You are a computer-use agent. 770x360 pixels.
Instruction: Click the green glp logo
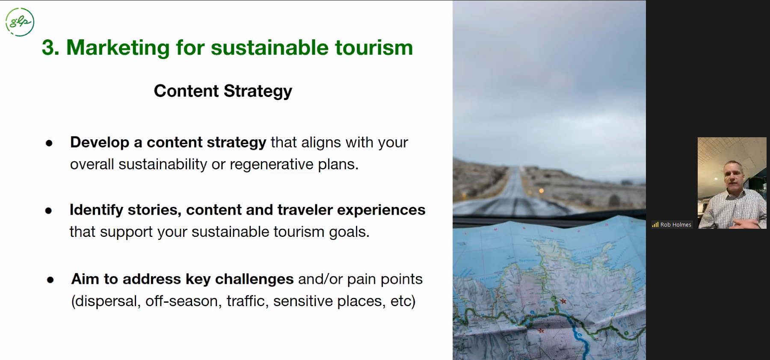tap(20, 22)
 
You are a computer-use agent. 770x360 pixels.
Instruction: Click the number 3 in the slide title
tap(48, 47)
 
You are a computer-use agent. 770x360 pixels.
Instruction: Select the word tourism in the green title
tap(374, 47)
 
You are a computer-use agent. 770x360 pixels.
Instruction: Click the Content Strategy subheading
tap(223, 91)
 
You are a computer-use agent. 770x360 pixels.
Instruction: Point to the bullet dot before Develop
tap(49, 143)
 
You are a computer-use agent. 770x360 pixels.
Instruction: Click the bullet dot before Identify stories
tap(48, 210)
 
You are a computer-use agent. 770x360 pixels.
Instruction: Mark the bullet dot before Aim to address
tap(50, 280)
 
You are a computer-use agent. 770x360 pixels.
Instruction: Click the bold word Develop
tap(100, 143)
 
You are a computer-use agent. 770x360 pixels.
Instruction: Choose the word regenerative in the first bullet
tap(272, 165)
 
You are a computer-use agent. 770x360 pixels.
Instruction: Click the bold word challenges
tap(254, 279)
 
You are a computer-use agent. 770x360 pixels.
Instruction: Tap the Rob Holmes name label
tap(676, 224)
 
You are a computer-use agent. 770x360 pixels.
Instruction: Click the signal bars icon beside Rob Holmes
tap(655, 224)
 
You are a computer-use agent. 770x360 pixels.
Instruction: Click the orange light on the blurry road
tap(541, 191)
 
